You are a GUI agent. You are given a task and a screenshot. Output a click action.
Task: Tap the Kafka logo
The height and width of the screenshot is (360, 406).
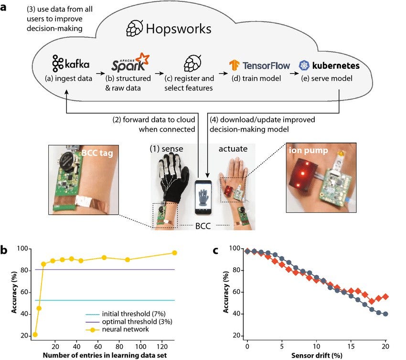(71, 64)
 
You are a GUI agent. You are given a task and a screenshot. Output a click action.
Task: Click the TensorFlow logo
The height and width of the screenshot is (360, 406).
(259, 65)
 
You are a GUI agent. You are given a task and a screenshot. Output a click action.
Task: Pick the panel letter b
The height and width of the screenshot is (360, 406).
(5, 249)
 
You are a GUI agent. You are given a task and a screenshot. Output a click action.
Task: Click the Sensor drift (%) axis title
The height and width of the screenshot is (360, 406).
(316, 357)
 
